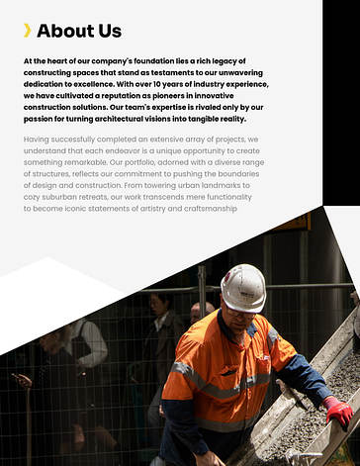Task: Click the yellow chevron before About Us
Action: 27,31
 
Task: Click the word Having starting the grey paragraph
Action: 40,140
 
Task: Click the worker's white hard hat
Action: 242,287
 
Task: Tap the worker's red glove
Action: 339,411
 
